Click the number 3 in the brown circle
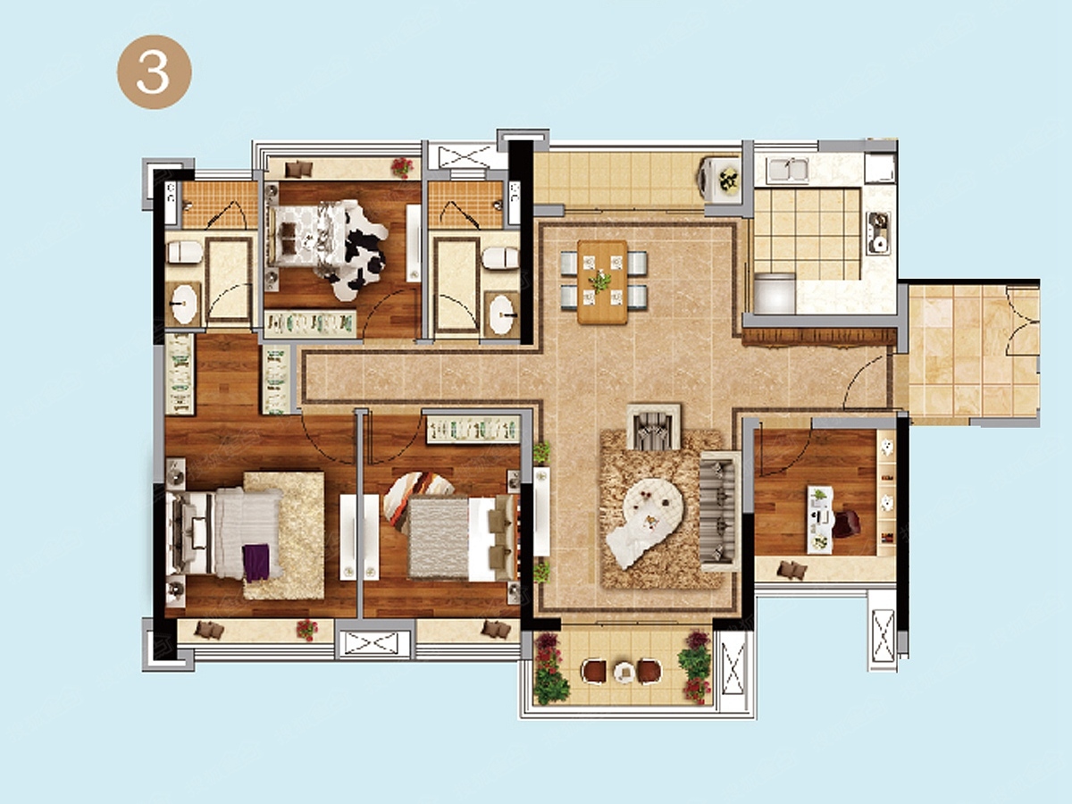[x=153, y=71]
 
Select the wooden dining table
[x=602, y=282]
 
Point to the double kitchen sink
[x=788, y=169]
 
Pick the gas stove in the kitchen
[x=879, y=233]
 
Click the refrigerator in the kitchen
[x=775, y=293]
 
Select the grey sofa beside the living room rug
[x=720, y=511]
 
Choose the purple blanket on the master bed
[x=255, y=563]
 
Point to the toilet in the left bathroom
[x=185, y=252]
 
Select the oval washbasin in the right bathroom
[x=502, y=314]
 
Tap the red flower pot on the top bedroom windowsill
[x=401, y=167]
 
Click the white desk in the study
[x=820, y=519]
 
